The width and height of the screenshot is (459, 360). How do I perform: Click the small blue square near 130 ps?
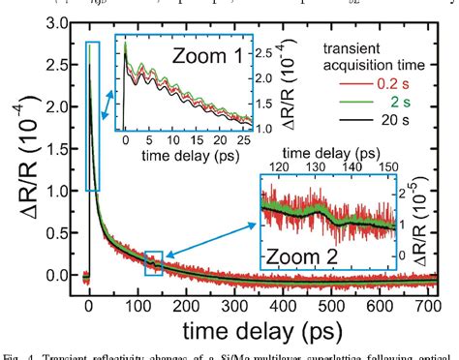point(153,261)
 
